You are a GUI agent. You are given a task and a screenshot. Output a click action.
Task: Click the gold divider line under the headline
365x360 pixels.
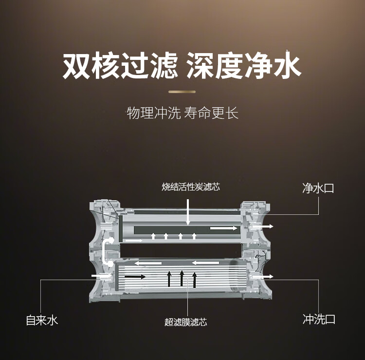(182, 92)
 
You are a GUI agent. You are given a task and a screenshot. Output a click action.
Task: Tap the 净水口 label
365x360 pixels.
(318, 188)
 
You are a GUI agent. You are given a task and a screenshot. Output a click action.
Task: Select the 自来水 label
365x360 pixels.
(42, 320)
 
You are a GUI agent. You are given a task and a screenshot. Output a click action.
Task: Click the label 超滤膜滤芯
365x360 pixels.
(186, 322)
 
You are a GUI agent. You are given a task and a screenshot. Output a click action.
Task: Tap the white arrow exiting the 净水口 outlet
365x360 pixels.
(265, 227)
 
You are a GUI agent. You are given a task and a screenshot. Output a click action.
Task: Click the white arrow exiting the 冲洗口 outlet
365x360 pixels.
(265, 277)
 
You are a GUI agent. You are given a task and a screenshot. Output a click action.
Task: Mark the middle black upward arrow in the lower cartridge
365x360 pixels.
(182, 278)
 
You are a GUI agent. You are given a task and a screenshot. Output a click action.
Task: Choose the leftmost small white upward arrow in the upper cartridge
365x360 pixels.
(153, 236)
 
